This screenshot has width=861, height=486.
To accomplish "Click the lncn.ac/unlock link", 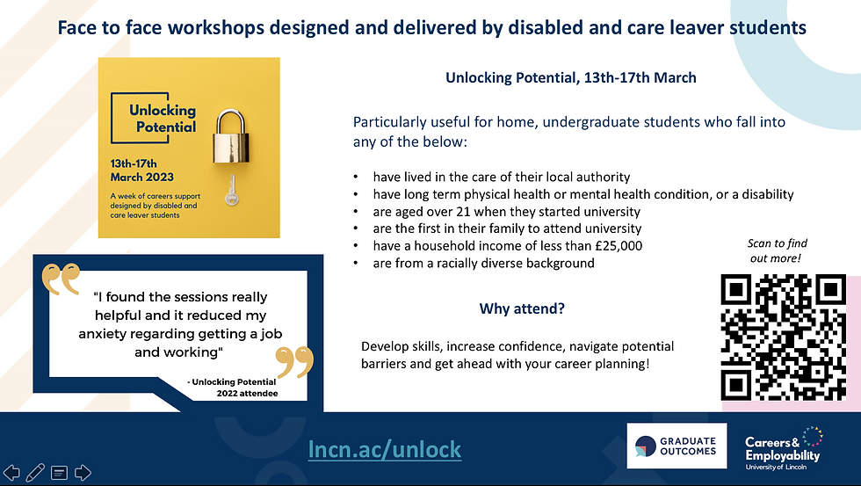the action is [385, 449].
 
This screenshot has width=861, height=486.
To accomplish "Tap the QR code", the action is [783, 337].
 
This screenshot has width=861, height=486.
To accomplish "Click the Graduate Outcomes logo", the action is [676, 446].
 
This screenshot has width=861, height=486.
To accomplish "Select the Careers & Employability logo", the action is [784, 448].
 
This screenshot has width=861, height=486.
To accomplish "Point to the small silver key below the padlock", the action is [232, 190].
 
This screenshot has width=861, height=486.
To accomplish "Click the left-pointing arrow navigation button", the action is [11, 472].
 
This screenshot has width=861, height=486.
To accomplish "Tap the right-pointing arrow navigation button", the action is [83, 472].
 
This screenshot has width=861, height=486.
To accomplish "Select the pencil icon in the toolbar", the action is [35, 472].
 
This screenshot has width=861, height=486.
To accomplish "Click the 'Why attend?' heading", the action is [522, 308].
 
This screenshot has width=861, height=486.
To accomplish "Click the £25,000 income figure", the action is [619, 245].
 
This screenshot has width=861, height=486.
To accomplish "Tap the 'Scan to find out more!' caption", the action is [777, 250].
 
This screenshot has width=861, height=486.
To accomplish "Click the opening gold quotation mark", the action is [61, 279].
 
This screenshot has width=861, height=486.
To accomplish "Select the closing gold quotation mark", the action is [295, 362].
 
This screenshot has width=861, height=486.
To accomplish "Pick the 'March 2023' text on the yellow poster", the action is [141, 177].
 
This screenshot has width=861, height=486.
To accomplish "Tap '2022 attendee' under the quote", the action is [247, 393].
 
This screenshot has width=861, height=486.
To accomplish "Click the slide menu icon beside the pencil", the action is [60, 472].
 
